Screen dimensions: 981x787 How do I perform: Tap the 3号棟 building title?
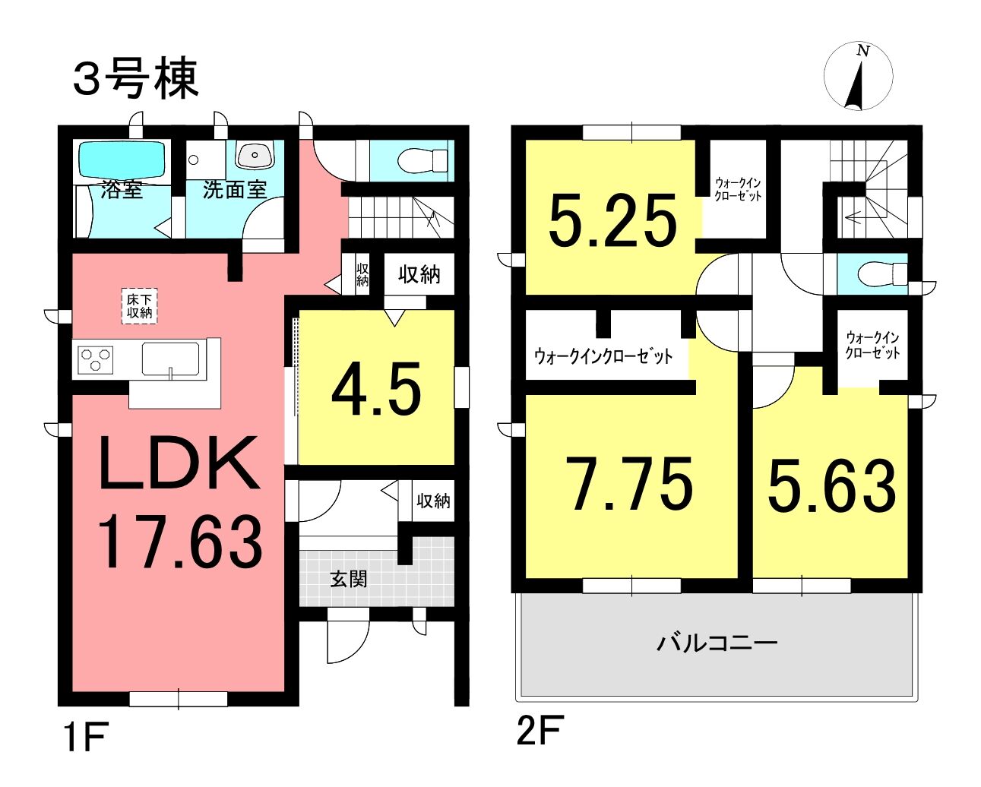(135, 79)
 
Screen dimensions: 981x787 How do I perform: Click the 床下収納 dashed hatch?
(140, 306)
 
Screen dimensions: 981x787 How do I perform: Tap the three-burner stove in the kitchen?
(96, 360)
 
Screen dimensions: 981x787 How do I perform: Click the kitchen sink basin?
(170, 359)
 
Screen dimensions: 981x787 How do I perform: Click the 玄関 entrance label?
(348, 580)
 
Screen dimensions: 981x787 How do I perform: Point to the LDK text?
(179, 462)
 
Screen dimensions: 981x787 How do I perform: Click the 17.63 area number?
(180, 542)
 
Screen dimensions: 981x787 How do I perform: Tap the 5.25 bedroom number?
(612, 220)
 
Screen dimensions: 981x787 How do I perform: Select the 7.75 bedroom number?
(629, 484)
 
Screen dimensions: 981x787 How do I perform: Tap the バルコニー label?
(716, 643)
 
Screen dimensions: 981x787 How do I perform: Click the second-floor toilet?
(882, 274)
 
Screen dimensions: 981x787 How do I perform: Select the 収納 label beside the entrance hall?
(433, 501)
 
